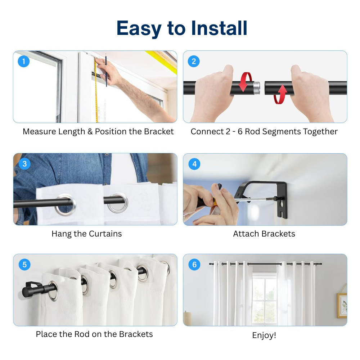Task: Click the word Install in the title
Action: [219, 28]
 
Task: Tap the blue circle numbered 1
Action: [24, 61]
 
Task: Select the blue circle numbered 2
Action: [194, 61]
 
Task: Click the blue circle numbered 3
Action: [24, 164]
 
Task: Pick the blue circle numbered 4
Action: [194, 164]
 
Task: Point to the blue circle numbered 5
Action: [24, 264]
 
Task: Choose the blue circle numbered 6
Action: [194, 264]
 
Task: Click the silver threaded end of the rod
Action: [257, 88]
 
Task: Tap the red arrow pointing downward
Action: [244, 82]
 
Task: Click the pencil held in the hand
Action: [106, 70]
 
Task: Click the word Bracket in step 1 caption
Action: [159, 131]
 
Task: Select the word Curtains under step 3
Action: [105, 234]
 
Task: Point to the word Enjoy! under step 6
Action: [264, 335]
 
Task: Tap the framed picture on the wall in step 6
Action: [342, 305]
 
